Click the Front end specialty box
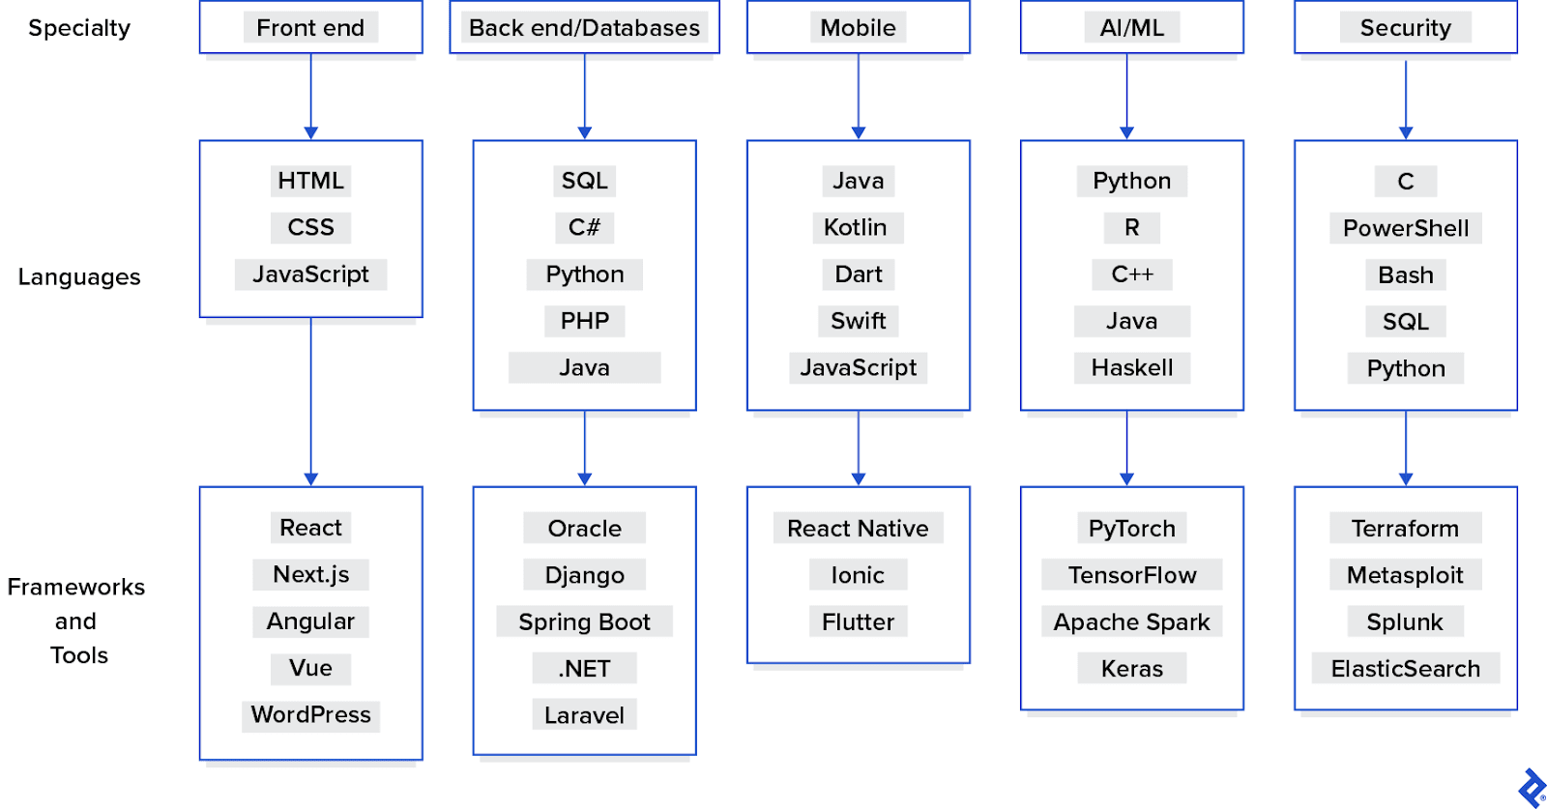coord(310,27)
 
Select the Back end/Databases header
coord(584,27)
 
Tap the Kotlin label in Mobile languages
coord(856,227)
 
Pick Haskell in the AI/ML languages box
coord(1131,367)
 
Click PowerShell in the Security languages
coord(1405,228)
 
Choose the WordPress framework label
coord(310,714)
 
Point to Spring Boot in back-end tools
coord(584,621)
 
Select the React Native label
coord(858,528)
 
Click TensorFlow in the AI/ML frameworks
coord(1131,575)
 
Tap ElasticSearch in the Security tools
coord(1405,668)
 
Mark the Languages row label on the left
coord(79,277)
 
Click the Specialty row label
coord(79,28)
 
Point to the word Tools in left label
coord(79,655)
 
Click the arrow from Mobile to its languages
coord(859,97)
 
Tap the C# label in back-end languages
coord(584,227)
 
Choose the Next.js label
coord(310,574)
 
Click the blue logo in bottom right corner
coord(1532,788)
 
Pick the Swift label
coord(858,321)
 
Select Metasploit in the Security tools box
coord(1405,575)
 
